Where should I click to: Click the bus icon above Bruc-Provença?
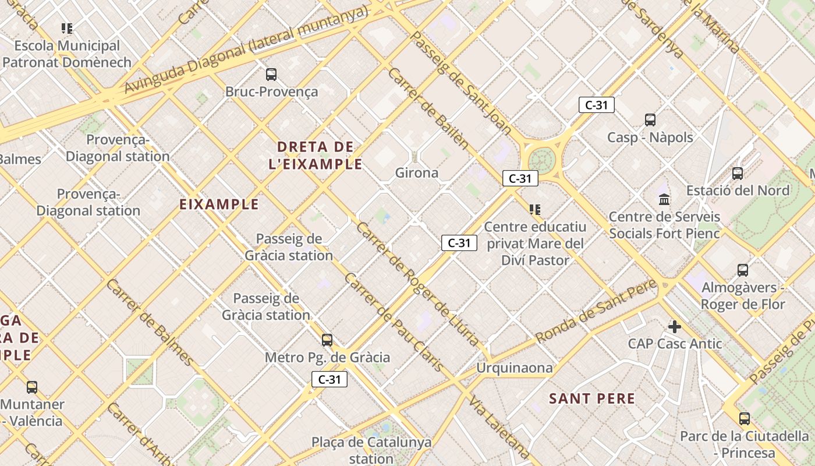coord(271,75)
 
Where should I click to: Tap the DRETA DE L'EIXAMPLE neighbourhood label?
coord(316,155)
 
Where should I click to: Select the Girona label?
coord(417,173)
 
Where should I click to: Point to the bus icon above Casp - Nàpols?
coord(650,120)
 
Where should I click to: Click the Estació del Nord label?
coord(738,190)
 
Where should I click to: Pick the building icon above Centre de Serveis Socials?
coord(664,200)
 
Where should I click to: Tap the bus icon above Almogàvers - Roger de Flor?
coord(743,270)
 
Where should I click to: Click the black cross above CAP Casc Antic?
coord(675,327)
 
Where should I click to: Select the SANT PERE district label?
coord(592,399)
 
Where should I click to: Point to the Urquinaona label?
coord(514,368)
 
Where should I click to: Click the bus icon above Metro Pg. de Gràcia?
coord(327,340)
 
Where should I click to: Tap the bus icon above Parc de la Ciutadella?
coord(745,419)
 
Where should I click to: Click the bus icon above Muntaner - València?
coord(32,387)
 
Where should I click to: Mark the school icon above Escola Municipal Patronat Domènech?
coord(67,29)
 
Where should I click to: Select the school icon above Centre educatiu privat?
coord(535,210)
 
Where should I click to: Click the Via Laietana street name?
coord(500,429)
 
